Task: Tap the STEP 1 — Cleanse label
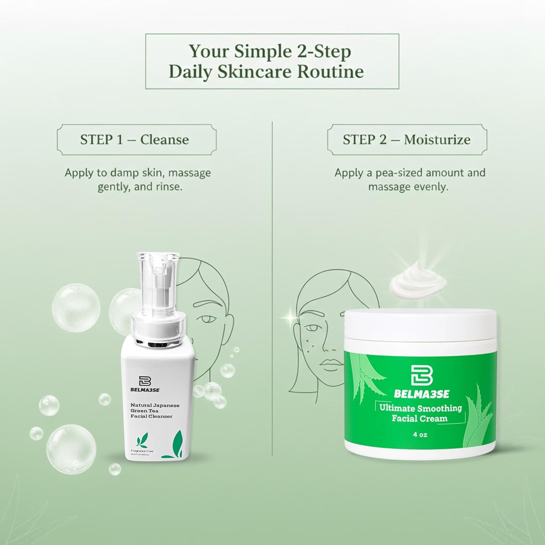coord(135,140)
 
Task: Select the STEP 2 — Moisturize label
coord(407,140)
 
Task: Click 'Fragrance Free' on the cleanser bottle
coord(142,451)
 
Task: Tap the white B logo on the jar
coord(421,374)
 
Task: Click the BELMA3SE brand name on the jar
coord(421,394)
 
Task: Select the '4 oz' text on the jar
coord(420,435)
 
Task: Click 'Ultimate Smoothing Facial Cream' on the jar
coord(420,413)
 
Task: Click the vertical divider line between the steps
coord(272,291)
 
